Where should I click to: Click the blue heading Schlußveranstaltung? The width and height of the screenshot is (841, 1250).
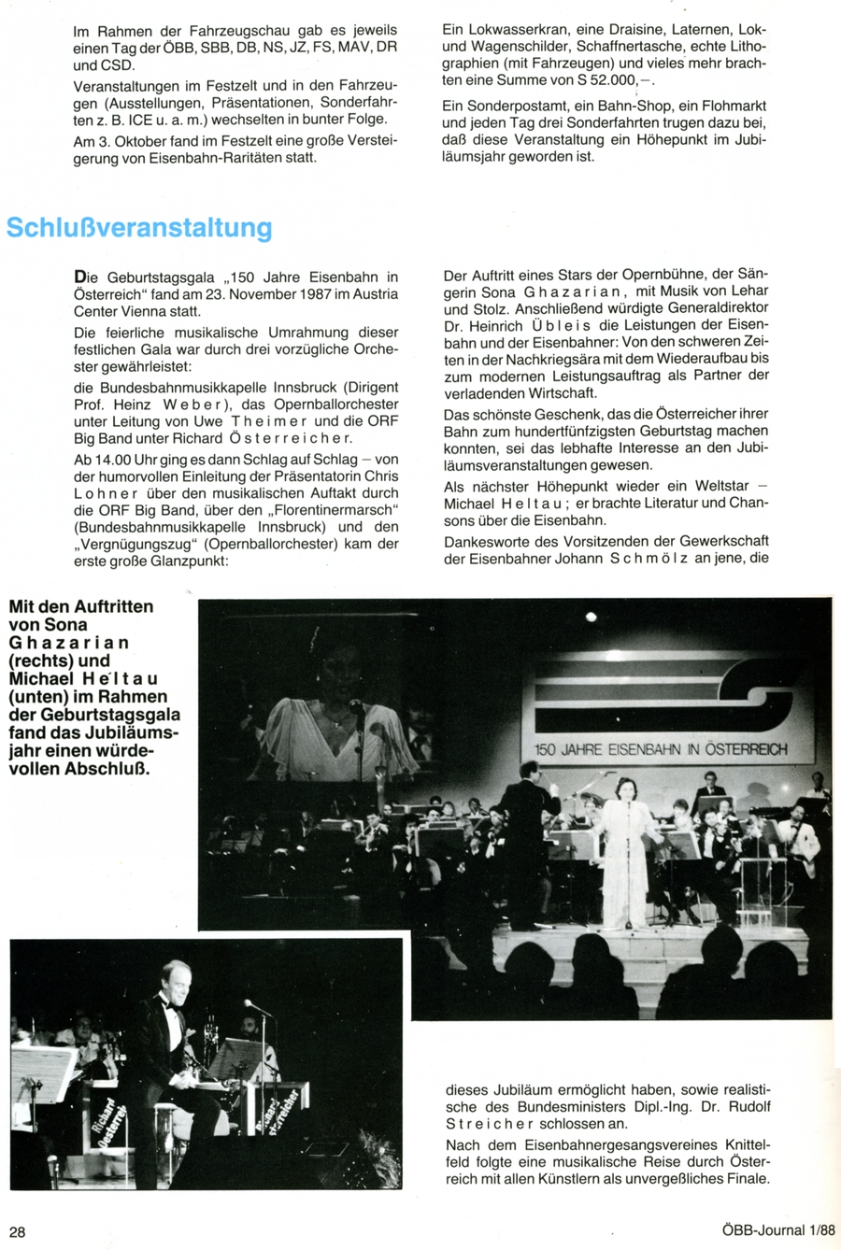pyautogui.click(x=139, y=228)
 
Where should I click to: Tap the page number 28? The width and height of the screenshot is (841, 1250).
pyautogui.click(x=18, y=1231)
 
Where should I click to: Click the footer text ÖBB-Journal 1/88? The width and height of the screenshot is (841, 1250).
pyautogui.click(x=778, y=1231)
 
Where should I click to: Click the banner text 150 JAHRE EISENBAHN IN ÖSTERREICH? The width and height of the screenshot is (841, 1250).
pyautogui.click(x=661, y=749)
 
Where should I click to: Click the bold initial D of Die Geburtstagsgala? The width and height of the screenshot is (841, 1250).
pyautogui.click(x=79, y=276)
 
